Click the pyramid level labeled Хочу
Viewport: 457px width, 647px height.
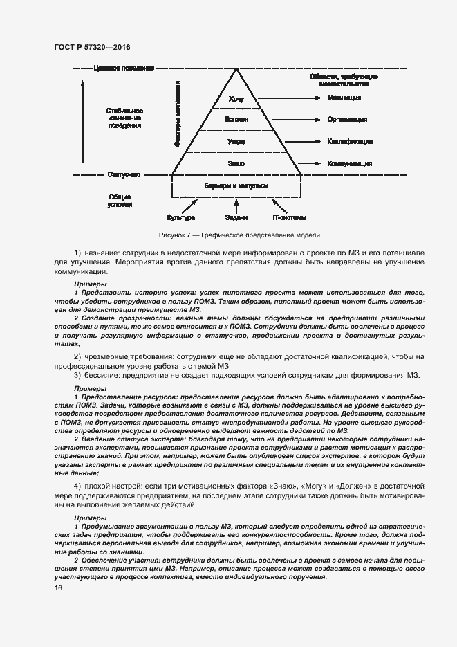(x=236, y=99)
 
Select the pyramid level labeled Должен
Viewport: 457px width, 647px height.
(x=236, y=120)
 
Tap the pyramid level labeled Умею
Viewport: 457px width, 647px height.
(x=236, y=141)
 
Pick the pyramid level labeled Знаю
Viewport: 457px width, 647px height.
(x=236, y=163)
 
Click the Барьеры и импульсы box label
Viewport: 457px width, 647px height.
(x=236, y=187)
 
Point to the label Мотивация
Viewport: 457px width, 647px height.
(x=344, y=98)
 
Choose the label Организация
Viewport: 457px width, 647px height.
(x=347, y=120)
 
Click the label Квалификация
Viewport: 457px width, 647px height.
(x=350, y=141)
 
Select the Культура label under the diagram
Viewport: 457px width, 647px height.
(x=181, y=217)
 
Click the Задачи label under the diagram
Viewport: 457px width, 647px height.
(x=236, y=217)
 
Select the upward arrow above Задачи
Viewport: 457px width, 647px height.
(x=236, y=206)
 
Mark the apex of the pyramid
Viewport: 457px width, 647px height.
(x=236, y=70)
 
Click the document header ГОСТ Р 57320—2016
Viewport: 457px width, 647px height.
(x=91, y=47)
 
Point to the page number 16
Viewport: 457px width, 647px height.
(x=58, y=588)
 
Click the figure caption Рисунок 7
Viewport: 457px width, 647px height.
(x=239, y=235)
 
